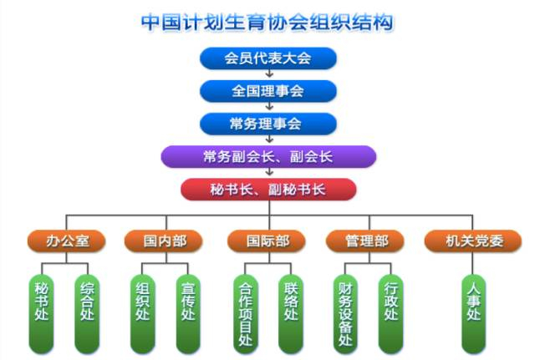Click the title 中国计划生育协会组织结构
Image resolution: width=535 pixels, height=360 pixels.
(267, 21)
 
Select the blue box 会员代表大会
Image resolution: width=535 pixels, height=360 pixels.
(267, 58)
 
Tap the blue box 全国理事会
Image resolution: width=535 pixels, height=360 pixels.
(267, 90)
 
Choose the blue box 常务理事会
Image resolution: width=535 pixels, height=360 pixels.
(267, 124)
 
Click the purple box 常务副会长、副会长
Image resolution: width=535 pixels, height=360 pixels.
(267, 156)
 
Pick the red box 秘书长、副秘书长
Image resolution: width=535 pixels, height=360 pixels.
(267, 189)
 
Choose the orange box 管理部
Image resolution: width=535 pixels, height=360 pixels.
(366, 242)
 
